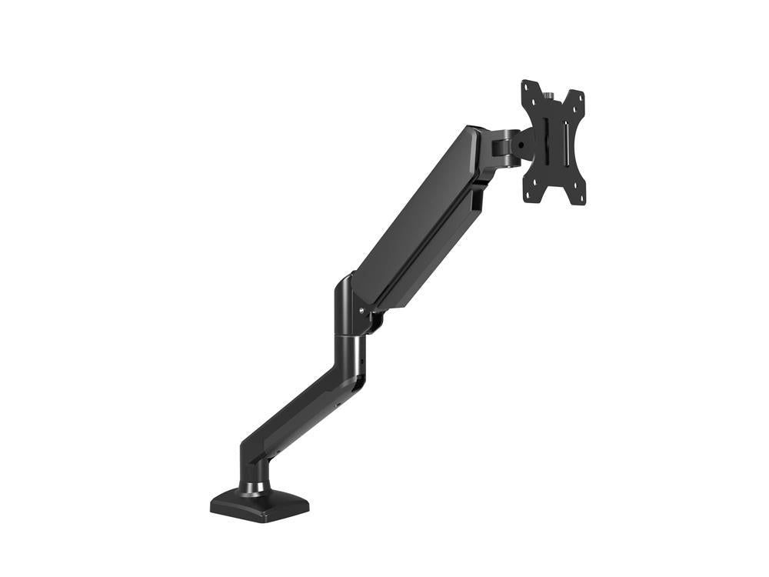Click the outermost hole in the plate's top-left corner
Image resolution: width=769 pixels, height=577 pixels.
pyautogui.click(x=526, y=86)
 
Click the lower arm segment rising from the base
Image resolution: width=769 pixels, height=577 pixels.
pyautogui.click(x=292, y=415)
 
